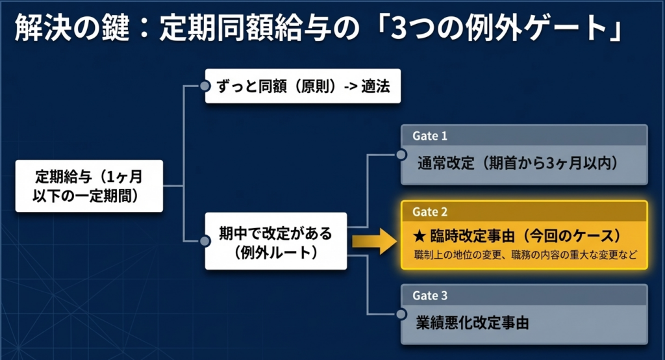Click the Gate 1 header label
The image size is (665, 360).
point(430,136)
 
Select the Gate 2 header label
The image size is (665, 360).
point(430,212)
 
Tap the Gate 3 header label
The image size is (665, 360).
point(430,296)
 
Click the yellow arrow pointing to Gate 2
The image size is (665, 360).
point(374,242)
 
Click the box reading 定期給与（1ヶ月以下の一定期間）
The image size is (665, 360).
point(90,185)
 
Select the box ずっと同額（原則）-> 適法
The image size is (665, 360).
point(302,86)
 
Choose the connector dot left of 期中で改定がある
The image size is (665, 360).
point(205,241)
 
